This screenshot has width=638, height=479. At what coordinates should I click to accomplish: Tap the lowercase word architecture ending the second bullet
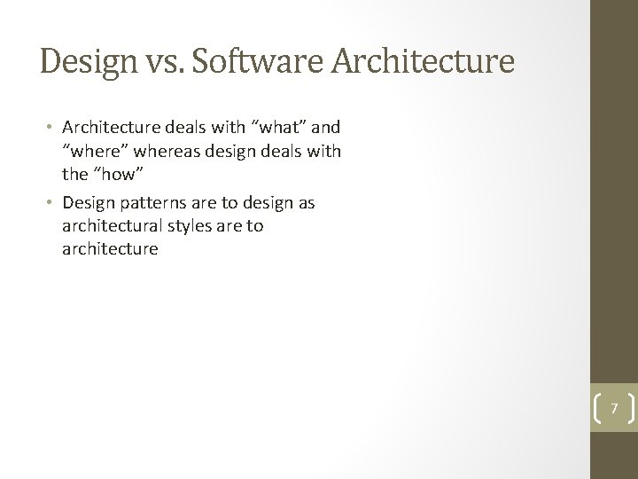pyautogui.click(x=110, y=248)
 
